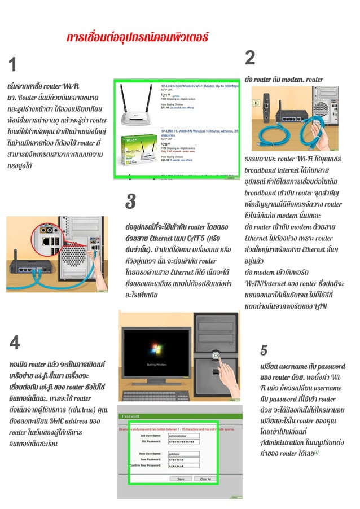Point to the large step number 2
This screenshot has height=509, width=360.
point(251,58)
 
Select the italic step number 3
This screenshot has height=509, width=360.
point(130,201)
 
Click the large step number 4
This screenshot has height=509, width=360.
point(15,342)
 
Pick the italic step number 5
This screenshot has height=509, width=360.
point(264,350)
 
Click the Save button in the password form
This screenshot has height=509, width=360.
point(180,479)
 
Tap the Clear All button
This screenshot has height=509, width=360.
point(205,479)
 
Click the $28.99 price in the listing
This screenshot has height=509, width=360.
point(166,145)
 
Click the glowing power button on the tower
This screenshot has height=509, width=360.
point(216,356)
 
